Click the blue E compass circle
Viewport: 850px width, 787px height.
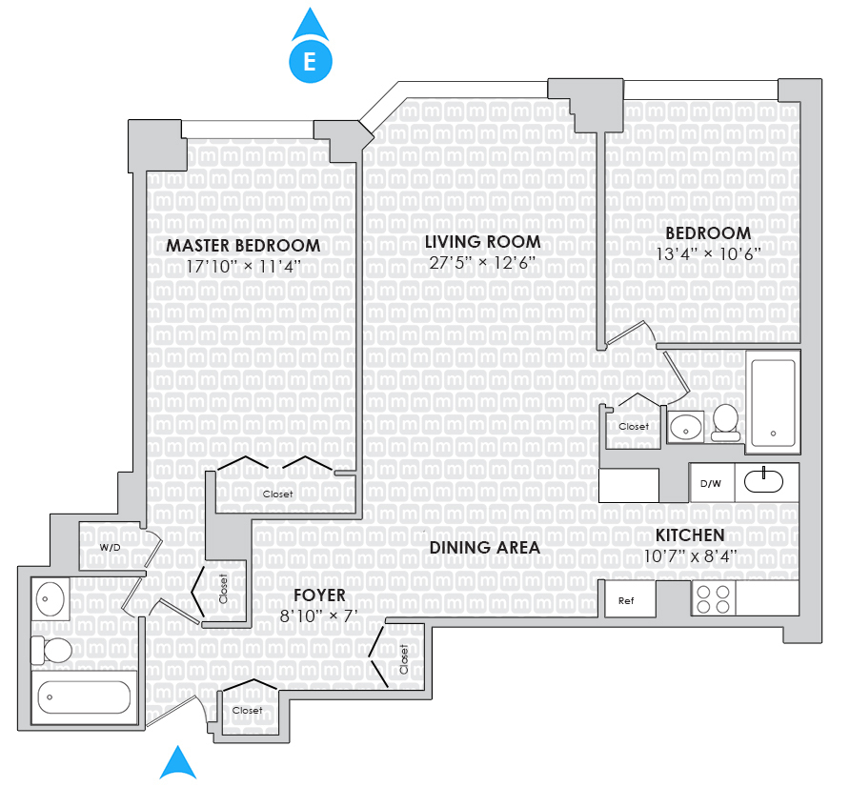(310, 62)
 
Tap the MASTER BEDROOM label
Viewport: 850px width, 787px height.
(243, 246)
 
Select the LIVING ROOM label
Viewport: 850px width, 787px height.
(482, 242)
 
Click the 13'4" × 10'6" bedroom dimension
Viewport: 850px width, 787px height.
(708, 254)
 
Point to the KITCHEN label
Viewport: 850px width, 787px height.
(689, 535)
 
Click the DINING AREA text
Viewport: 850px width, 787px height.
(484, 548)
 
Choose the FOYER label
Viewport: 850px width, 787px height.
(319, 596)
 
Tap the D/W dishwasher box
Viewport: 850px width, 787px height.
(711, 483)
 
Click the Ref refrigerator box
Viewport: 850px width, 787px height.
(626, 600)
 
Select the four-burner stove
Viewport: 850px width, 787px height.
(713, 598)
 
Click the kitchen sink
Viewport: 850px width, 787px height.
(764, 480)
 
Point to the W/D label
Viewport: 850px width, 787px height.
(110, 548)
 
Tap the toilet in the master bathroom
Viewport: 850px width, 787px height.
(52, 651)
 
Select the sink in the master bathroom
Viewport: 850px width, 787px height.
(50, 599)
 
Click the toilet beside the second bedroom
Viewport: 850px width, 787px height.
(726, 420)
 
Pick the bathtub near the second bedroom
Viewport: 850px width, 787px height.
(772, 401)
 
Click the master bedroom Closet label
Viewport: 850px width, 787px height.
(278, 494)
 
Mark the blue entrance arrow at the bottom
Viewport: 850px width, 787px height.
(177, 764)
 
